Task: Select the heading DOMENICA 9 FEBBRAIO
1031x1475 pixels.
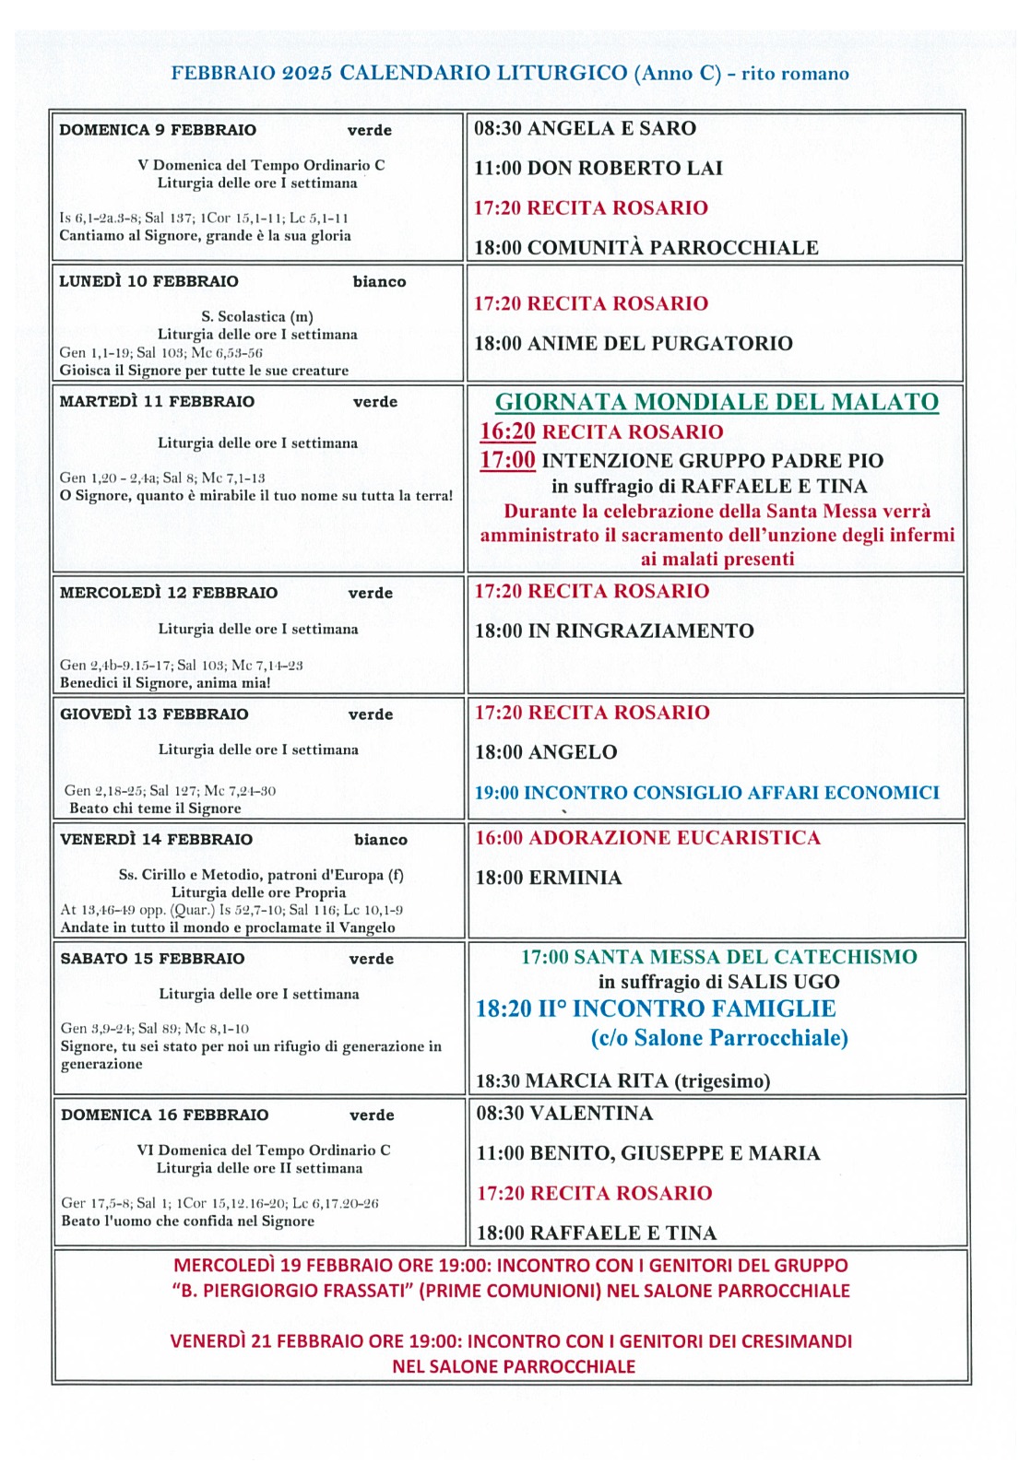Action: point(158,130)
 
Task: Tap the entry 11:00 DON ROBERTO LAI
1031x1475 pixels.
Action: point(598,168)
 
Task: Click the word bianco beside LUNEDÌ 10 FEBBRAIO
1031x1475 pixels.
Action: point(379,282)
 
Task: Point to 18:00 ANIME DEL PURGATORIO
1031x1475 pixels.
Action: point(633,344)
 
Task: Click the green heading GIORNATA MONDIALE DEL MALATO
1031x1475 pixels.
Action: point(717,402)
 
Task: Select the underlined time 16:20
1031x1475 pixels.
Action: point(507,431)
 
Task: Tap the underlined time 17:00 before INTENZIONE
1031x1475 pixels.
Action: point(507,460)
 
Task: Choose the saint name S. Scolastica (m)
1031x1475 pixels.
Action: point(257,316)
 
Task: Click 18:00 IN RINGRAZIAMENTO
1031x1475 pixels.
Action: point(614,631)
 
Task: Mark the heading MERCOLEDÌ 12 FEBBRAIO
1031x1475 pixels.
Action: point(169,593)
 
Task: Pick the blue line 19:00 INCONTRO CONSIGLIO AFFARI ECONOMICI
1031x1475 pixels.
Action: point(706,793)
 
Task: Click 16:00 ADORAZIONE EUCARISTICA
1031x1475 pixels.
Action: point(647,838)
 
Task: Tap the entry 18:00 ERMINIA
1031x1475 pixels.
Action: point(548,878)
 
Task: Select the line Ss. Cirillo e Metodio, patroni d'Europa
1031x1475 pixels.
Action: point(261,875)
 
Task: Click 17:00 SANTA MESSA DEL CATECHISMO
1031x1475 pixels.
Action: point(718,957)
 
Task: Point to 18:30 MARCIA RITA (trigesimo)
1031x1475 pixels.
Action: point(622,1080)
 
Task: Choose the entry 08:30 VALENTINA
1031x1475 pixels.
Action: point(564,1114)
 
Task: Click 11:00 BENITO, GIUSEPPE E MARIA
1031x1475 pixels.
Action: point(647,1153)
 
